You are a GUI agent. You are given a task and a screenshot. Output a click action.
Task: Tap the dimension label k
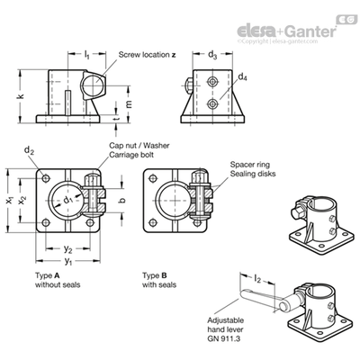click(x=21, y=96)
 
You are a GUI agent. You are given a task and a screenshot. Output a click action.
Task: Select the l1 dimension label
click(x=86, y=55)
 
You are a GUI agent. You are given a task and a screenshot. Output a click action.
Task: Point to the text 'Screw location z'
click(x=147, y=55)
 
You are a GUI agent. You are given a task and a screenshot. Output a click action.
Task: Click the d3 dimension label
click(x=212, y=55)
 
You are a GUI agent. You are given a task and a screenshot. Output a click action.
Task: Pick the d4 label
click(x=243, y=77)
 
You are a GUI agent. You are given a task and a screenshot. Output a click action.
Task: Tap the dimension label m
click(x=128, y=103)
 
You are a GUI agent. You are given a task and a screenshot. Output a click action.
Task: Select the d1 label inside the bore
click(x=68, y=200)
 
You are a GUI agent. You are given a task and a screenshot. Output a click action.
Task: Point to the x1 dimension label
click(x=10, y=201)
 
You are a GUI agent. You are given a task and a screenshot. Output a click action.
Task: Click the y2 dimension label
click(x=68, y=248)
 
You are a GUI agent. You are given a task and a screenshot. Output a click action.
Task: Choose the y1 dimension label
click(x=68, y=261)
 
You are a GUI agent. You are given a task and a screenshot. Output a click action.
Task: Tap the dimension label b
click(x=121, y=201)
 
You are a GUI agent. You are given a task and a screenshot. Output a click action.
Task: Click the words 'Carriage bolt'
click(x=131, y=155)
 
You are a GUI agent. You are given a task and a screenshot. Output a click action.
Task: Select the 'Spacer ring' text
click(x=250, y=165)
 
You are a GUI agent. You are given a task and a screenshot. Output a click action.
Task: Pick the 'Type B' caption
click(x=155, y=275)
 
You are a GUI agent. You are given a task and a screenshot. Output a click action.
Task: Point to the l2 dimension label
click(x=257, y=279)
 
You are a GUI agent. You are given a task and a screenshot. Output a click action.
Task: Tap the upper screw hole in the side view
click(x=212, y=81)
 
